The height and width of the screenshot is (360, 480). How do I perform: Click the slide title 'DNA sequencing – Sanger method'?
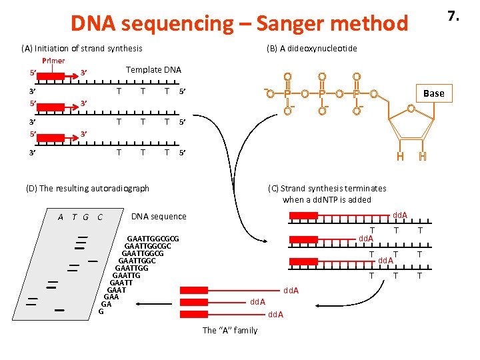239,23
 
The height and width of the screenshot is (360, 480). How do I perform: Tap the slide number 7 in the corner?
453,15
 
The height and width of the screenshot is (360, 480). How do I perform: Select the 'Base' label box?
433,93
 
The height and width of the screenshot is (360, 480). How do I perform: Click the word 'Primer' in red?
53,61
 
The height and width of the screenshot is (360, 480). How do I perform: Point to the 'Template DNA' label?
153,70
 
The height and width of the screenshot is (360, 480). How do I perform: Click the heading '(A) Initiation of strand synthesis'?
81,48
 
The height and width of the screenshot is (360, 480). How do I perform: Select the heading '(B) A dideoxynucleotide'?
311,48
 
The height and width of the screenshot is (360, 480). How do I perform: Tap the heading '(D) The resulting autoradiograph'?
87,189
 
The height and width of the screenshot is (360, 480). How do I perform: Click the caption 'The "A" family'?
229,331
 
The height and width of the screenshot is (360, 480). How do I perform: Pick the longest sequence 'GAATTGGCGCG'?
153,238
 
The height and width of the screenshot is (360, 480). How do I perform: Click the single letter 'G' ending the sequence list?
101,312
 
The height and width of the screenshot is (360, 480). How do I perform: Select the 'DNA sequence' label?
159,217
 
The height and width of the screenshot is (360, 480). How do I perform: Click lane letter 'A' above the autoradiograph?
61,217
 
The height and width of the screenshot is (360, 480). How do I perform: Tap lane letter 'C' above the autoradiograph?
99,217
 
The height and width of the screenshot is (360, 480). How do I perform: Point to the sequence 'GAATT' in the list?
121,283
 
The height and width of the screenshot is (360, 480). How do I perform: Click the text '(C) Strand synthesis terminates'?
327,189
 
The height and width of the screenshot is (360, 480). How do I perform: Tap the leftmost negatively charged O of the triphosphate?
269,94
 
